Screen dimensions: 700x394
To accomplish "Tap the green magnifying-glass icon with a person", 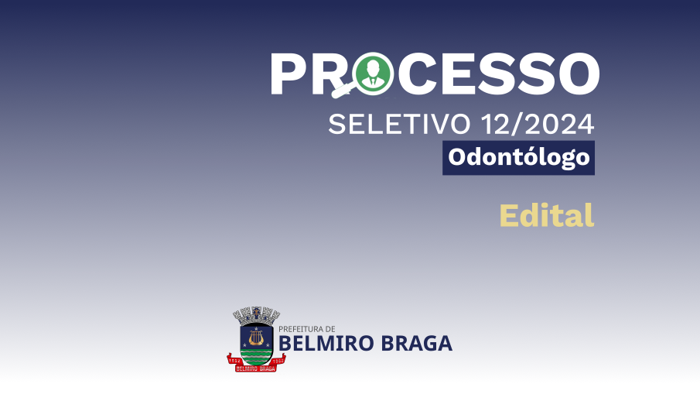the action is [372, 74].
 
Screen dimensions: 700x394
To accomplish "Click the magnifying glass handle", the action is [343, 91].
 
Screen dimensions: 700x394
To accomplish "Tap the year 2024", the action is [559, 124].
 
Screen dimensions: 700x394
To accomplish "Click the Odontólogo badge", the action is [518, 158].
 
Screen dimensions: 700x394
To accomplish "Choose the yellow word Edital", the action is [547, 215].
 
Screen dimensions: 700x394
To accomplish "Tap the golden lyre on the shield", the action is [256, 337].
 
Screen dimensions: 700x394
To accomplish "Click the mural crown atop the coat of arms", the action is [256, 315].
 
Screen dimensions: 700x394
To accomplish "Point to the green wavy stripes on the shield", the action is [256, 356].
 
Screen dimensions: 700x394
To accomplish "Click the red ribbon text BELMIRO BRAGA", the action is [255, 368].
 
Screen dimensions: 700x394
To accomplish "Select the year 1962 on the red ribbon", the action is [278, 360].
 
